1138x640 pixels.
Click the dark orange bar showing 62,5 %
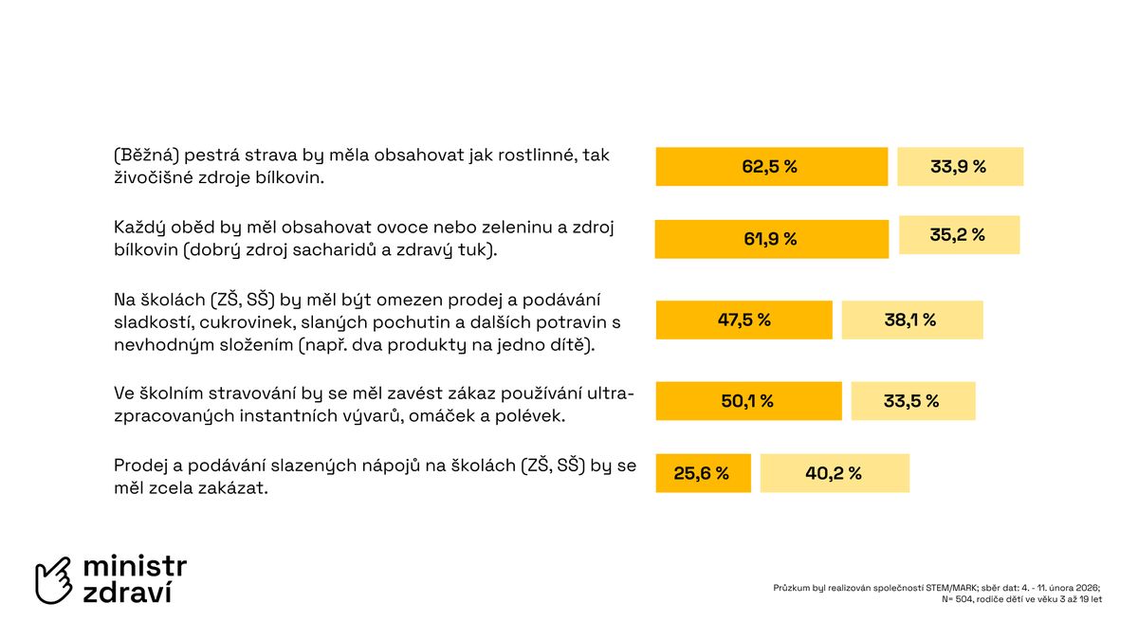click(x=771, y=167)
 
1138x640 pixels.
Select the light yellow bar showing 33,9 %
click(x=960, y=167)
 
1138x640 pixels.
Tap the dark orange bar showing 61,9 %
click(x=771, y=239)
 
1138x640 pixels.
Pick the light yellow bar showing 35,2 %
click(x=959, y=235)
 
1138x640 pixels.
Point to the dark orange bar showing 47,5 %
click(x=743, y=320)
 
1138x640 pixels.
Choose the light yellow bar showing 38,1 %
click(x=911, y=320)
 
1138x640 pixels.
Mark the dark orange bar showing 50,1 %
click(x=748, y=401)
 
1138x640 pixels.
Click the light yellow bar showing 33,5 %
click(x=912, y=401)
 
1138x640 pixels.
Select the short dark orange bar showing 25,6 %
click(x=703, y=473)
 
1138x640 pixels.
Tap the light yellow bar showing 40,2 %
click(x=835, y=473)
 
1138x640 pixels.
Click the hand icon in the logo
click(x=54, y=580)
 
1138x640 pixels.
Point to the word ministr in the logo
click(x=135, y=567)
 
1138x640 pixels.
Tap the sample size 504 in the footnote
click(x=963, y=599)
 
